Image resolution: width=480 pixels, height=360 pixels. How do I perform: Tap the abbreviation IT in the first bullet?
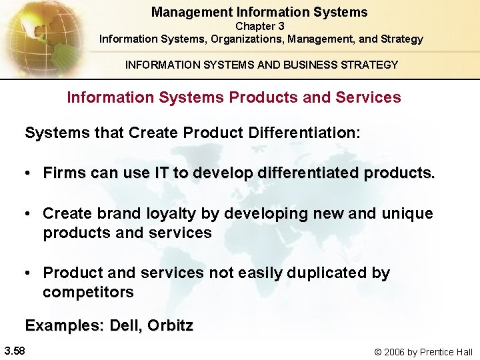click(162, 173)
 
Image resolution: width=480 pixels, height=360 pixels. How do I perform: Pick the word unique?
click(407, 213)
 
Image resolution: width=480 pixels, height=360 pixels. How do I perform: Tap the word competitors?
click(88, 292)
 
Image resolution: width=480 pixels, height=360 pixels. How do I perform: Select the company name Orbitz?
click(170, 326)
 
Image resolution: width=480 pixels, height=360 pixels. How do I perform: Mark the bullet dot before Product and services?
click(29, 273)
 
